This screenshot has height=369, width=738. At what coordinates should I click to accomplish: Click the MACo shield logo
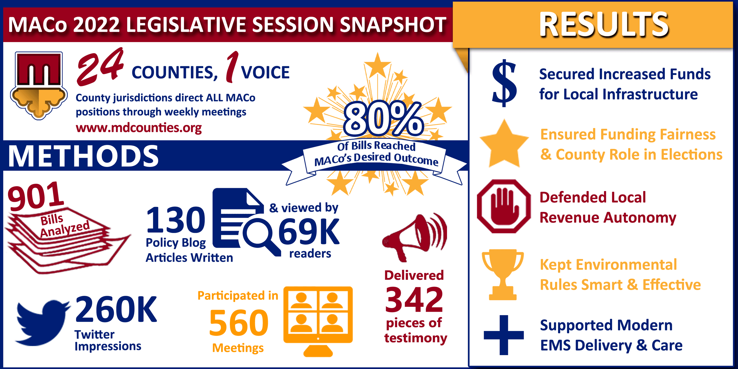[39, 85]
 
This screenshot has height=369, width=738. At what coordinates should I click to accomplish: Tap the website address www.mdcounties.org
[139, 127]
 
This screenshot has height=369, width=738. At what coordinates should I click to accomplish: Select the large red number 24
[100, 67]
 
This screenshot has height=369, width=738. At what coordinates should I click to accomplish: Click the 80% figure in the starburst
[383, 119]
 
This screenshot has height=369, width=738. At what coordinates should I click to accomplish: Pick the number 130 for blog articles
[176, 220]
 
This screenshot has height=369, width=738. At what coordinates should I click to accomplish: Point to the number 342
[414, 300]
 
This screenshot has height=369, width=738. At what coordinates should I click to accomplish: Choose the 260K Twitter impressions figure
[116, 309]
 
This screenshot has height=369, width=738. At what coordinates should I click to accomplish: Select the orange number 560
[239, 323]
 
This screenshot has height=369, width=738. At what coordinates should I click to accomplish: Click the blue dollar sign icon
[504, 83]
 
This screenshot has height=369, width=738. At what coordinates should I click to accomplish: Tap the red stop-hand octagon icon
[504, 206]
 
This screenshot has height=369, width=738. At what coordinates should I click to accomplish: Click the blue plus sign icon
[504, 335]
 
